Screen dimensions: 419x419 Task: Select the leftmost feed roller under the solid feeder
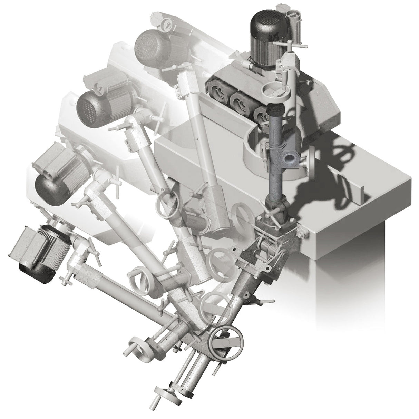[217, 90]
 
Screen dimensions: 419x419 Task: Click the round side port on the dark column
[289, 158]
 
